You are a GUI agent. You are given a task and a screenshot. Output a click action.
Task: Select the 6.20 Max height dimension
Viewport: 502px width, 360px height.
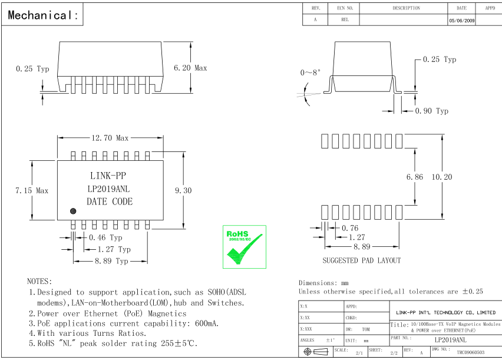point(190,68)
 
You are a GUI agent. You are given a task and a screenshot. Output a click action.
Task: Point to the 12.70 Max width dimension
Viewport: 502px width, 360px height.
point(109,138)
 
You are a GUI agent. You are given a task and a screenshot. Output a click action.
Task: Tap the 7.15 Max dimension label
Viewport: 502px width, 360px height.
point(31,190)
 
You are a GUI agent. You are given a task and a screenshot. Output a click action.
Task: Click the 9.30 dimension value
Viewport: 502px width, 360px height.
point(183,190)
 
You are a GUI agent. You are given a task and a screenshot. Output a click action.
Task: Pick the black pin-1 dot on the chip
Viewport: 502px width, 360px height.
point(74,211)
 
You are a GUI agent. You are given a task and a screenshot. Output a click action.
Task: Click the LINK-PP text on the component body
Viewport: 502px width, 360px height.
point(108,176)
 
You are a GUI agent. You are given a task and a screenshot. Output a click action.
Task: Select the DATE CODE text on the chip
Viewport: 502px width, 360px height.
point(110,202)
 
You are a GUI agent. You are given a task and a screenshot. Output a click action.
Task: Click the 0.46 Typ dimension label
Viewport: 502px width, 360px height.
point(105,237)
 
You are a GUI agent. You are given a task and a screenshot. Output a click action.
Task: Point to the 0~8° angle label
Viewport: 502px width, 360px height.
point(311,72)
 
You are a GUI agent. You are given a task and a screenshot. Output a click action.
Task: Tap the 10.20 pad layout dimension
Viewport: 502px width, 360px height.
point(442,177)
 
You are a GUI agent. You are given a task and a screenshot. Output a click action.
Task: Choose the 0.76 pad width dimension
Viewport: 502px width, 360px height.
point(350,228)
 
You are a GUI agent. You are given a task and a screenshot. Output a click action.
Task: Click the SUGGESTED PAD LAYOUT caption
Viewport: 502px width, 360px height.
point(361,260)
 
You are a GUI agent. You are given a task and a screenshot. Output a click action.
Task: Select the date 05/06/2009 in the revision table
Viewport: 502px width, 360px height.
point(461,19)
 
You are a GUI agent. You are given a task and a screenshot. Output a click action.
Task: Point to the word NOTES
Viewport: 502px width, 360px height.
point(39,281)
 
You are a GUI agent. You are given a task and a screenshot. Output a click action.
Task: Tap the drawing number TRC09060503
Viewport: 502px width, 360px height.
point(470,352)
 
